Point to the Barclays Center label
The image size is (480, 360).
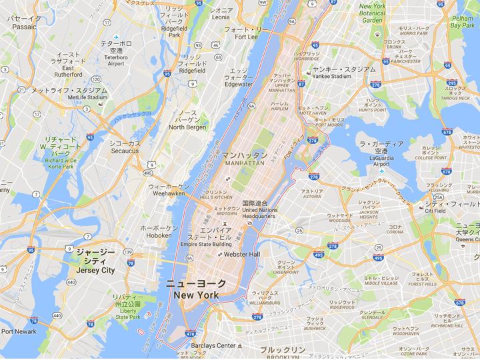coord(213,345)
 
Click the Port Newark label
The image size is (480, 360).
coord(18,331)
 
